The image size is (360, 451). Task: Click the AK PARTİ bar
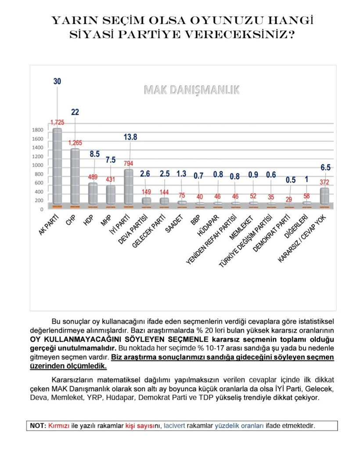pos(57,167)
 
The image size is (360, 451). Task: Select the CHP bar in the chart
pos(75,177)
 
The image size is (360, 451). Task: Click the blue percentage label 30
pos(57,81)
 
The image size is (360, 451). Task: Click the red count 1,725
pos(57,122)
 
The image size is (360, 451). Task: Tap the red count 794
pos(129,164)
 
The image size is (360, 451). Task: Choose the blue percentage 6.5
pos(325,168)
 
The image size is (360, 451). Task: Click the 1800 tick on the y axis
pos(38,130)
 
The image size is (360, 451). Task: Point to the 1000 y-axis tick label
pos(38,166)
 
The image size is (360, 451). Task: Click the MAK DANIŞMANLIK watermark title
pos(192,90)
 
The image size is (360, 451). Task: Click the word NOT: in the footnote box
pos(38,426)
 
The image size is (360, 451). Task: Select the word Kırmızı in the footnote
pos(58,426)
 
